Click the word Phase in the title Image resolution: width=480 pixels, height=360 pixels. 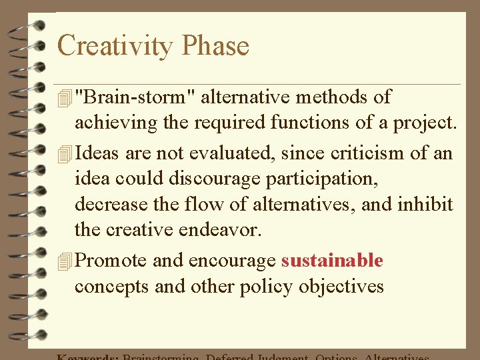pos(215,46)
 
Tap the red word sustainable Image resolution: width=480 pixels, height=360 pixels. pos(332,260)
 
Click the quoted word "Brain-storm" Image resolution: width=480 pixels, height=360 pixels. pos(135,97)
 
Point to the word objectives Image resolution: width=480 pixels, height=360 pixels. pos(341,287)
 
